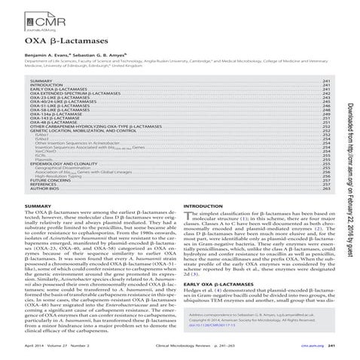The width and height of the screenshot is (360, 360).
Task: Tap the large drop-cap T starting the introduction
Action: tap(188, 218)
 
